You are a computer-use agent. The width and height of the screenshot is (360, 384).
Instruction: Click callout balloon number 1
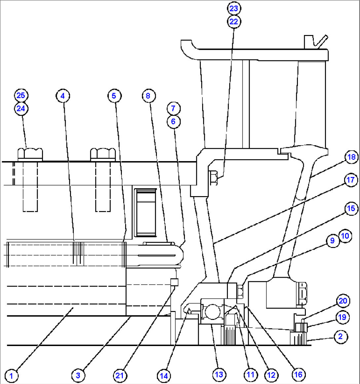click(12, 375)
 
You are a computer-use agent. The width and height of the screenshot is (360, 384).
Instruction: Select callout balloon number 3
click(78, 375)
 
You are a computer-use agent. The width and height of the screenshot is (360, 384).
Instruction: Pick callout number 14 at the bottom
click(164, 375)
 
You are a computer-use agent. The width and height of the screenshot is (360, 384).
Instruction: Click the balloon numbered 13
click(219, 374)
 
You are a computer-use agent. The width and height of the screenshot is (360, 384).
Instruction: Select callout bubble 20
click(343, 301)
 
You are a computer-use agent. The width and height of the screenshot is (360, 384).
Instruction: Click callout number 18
click(351, 157)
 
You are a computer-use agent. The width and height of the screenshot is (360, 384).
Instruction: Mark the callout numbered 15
click(351, 209)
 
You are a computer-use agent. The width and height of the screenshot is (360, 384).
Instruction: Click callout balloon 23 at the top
click(234, 8)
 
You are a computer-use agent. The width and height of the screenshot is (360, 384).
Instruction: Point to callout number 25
click(21, 95)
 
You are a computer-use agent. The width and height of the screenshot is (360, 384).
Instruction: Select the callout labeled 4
click(63, 96)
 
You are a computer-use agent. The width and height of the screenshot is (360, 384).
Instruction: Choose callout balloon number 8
click(148, 96)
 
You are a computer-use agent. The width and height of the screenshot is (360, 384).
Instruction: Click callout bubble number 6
click(173, 122)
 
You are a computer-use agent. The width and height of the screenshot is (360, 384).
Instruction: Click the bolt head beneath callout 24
click(30, 154)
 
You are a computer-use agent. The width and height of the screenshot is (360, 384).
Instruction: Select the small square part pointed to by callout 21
click(174, 282)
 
